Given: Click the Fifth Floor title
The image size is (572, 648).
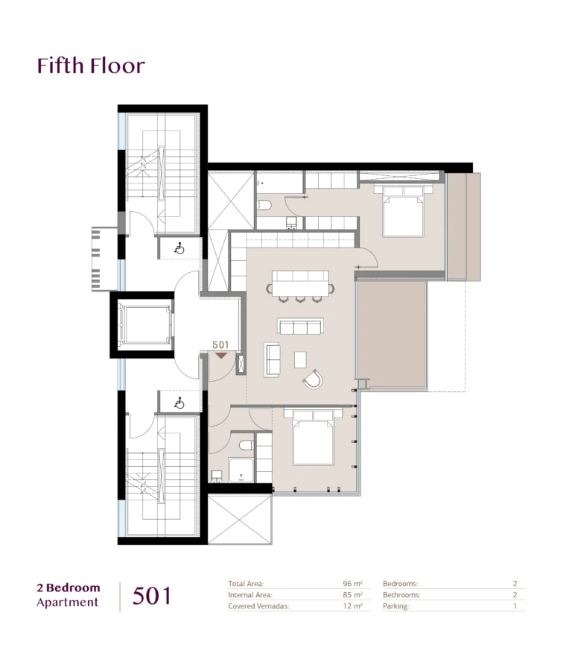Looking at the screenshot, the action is pos(91,66).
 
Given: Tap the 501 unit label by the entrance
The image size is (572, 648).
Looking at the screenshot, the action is pos(220,345).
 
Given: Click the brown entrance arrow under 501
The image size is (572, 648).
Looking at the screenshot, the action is pos(221,356).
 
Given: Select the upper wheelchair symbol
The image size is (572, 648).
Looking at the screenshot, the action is pos(179,249).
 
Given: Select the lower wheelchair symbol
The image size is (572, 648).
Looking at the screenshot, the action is pos(179,403).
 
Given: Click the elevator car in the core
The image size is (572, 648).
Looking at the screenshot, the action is pos(144,324).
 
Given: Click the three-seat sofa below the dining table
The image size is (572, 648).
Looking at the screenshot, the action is pos(300,326).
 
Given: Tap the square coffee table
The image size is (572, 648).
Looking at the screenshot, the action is pos(300,359).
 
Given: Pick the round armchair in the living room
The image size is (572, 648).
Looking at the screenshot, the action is pos(313,380).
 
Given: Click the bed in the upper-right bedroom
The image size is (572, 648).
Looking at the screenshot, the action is pos(403,211).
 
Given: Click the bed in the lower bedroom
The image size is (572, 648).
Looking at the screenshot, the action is pos(313,436).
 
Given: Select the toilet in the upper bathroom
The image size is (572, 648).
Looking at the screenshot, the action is pos(264,205).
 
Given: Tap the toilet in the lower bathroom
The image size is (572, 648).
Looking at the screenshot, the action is pos(246,445).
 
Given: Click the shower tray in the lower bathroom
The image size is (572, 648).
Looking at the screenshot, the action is pos(241,471).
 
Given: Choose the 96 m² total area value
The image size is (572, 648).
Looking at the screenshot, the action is pos(352,584).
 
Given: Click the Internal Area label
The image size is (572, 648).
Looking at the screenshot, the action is pos(250,595).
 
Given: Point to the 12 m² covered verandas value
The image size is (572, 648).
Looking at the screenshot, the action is pos(353,605).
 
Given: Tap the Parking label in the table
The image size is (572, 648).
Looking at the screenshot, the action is pos(395,606).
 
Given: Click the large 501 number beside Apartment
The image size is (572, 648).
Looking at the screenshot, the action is pos(151,596).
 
